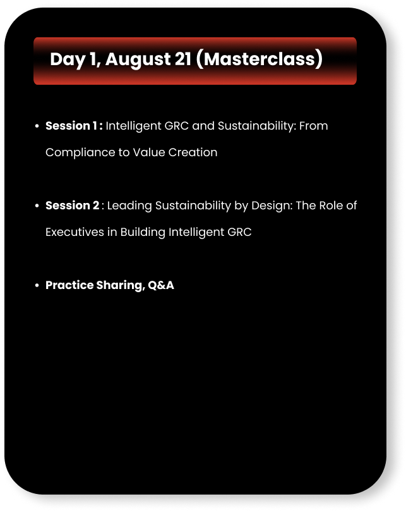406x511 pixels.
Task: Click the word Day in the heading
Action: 68,59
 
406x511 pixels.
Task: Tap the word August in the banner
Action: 138,59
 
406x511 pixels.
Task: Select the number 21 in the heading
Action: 183,59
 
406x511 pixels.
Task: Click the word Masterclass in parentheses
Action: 260,59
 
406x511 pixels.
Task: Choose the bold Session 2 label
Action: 72,206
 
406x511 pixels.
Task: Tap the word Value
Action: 149,152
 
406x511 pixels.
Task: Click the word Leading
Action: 129,206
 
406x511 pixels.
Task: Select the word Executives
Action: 75,232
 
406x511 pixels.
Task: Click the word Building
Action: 143,232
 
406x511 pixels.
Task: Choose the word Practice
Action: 69,285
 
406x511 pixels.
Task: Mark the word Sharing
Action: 120,286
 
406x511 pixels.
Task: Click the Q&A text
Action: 161,285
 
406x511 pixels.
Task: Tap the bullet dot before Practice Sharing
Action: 37,285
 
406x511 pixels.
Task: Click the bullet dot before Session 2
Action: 37,206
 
